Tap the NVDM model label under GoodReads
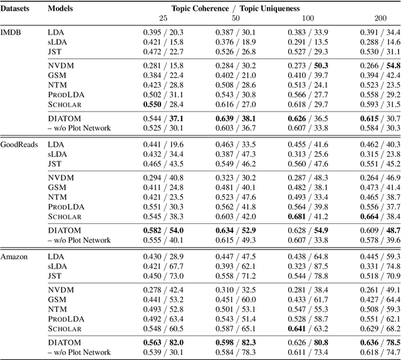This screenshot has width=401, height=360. pos(60,177)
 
